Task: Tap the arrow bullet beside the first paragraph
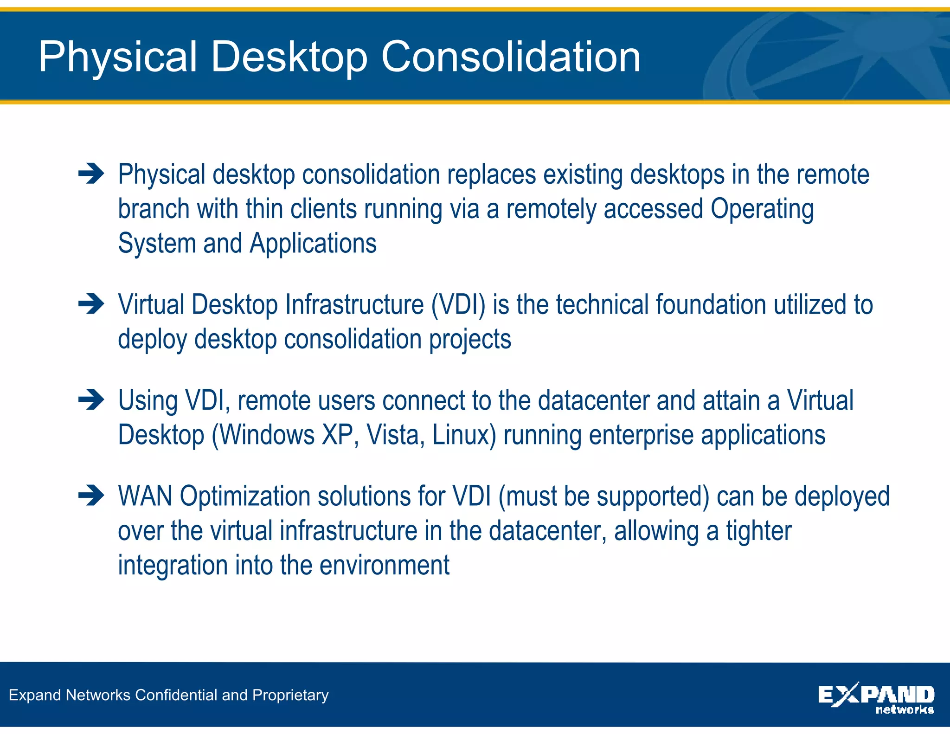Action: pyautogui.click(x=91, y=174)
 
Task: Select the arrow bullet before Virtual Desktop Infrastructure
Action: pyautogui.click(x=91, y=304)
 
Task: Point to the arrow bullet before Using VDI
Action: pyautogui.click(x=91, y=400)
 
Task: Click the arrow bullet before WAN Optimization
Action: pyautogui.click(x=91, y=496)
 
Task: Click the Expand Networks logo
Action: pyautogui.click(x=876, y=697)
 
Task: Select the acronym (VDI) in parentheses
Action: pyautogui.click(x=458, y=305)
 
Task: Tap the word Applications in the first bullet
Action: pyautogui.click(x=313, y=244)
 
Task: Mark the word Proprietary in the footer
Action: pyautogui.click(x=290, y=695)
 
